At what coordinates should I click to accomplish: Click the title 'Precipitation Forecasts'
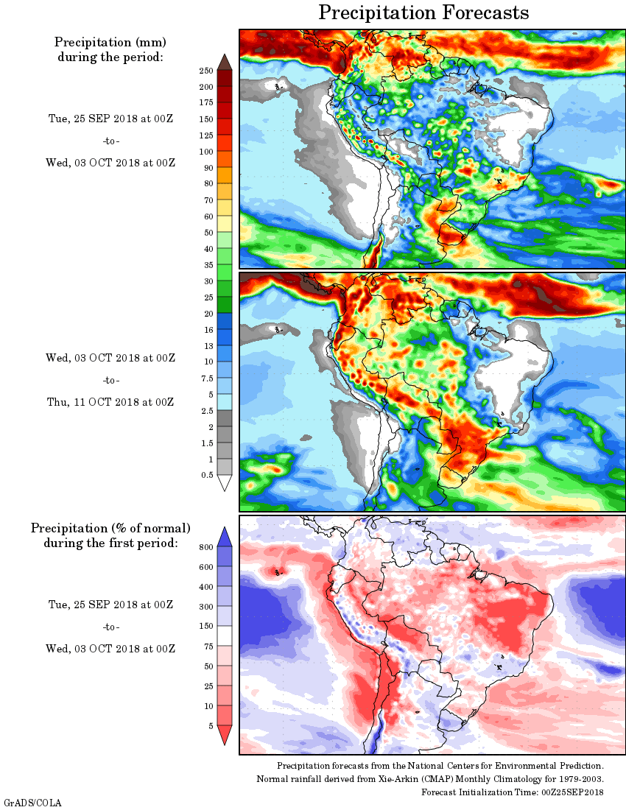[423, 13]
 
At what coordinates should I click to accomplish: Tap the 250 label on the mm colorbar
[206, 71]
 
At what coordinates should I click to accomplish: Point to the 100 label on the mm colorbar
[206, 152]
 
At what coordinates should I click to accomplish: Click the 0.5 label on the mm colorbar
[208, 475]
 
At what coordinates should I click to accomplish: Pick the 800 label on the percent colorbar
[206, 547]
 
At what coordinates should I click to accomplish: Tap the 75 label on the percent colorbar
[208, 647]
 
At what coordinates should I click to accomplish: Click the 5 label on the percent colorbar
[210, 726]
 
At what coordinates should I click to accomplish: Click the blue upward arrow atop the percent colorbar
[226, 536]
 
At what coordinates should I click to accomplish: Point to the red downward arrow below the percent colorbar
[226, 735]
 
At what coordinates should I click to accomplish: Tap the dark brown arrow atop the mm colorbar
[225, 61]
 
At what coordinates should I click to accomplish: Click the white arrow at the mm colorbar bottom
[225, 483]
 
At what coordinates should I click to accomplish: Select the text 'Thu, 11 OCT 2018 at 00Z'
[110, 402]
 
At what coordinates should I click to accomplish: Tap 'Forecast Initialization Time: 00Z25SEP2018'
[513, 792]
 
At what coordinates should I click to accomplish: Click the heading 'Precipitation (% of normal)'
[110, 528]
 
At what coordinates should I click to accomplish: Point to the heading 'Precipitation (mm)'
[110, 42]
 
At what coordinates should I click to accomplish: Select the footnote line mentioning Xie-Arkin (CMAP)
[430, 779]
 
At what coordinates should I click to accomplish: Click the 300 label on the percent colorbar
[206, 607]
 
